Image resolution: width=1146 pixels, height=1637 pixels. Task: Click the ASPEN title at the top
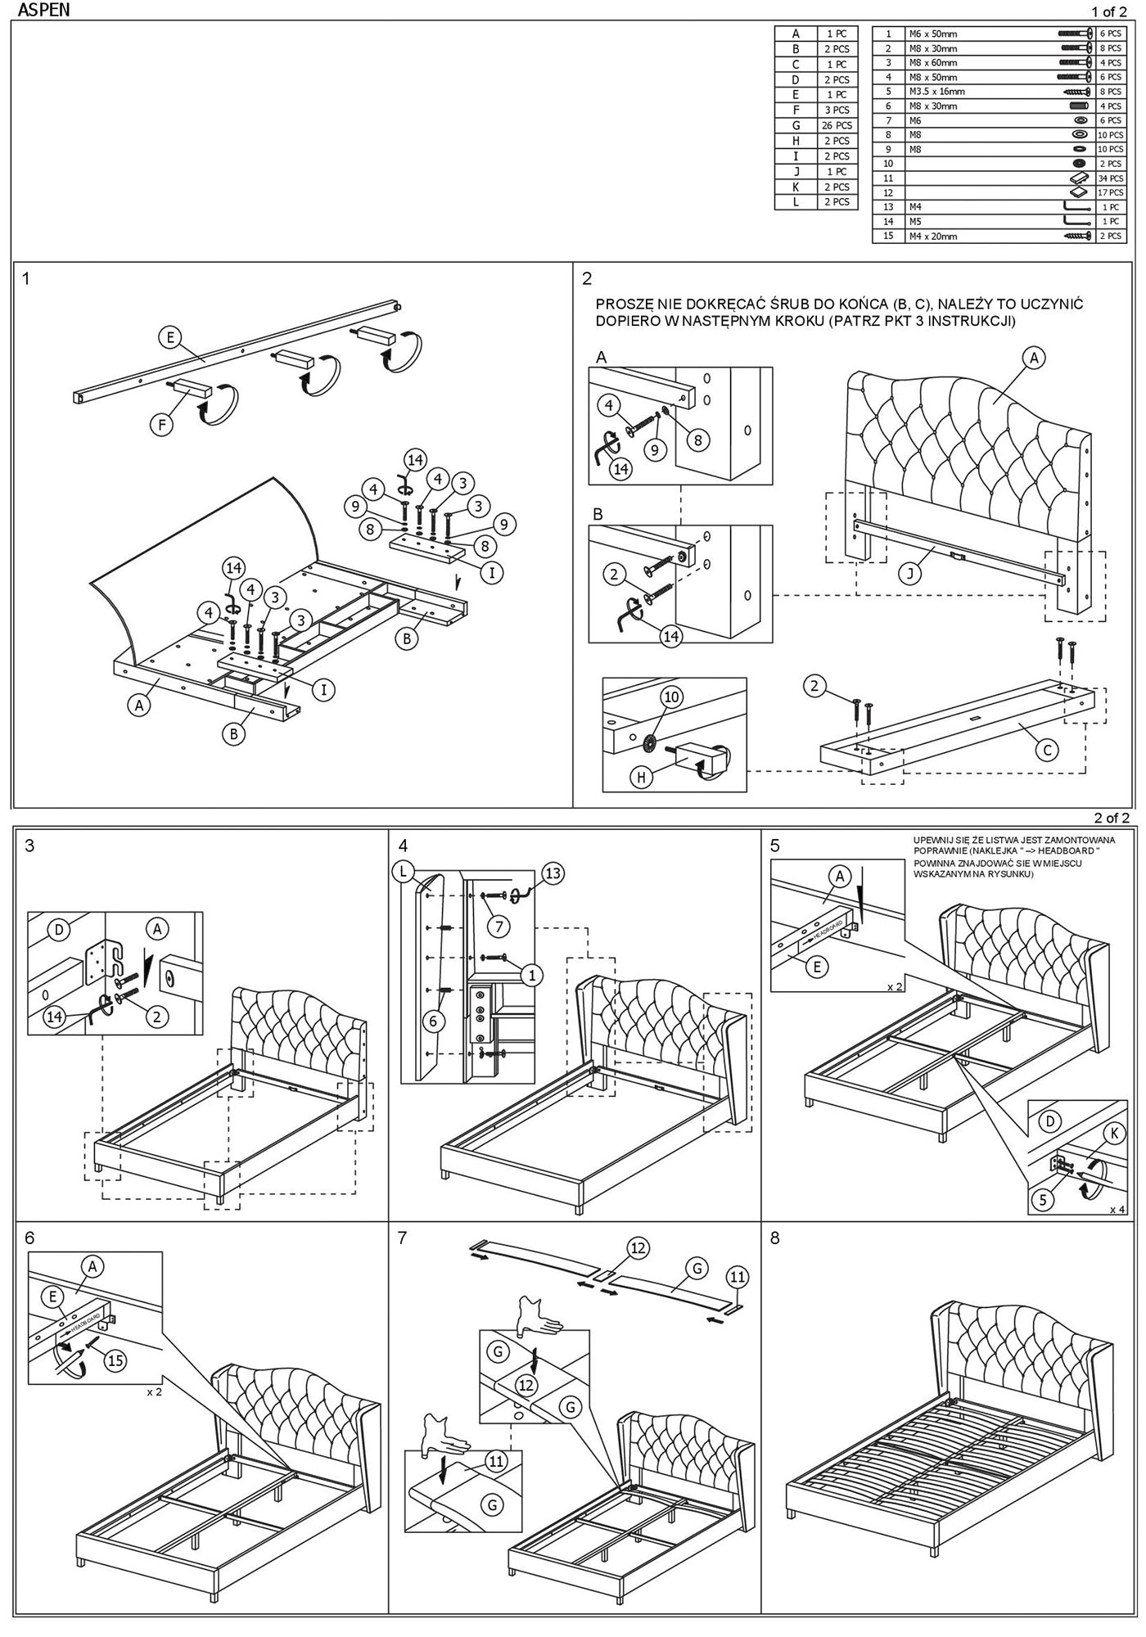tap(43, 10)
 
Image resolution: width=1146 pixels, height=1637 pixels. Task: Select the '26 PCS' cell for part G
tap(837, 125)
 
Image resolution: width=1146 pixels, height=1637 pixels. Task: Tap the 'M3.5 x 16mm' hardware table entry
tap(936, 92)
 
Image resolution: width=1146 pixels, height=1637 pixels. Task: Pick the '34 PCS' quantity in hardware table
tap(1110, 178)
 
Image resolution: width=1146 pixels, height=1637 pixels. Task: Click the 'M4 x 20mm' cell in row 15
tap(932, 237)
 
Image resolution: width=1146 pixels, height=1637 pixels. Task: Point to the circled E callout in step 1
tap(170, 337)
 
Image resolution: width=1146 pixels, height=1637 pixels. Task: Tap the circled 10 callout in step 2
tap(671, 697)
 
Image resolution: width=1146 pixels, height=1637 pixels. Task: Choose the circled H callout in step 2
tap(643, 777)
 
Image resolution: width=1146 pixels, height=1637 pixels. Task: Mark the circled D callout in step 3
tap(58, 930)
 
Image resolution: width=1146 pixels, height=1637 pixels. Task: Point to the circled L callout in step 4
tap(402, 872)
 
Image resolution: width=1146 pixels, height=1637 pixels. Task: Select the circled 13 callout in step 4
tap(553, 873)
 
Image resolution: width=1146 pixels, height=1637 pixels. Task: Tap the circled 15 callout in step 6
tap(115, 1360)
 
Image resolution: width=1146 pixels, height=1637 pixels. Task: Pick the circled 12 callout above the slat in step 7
tap(638, 1248)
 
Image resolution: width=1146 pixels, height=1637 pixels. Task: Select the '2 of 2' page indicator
tap(1112, 818)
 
